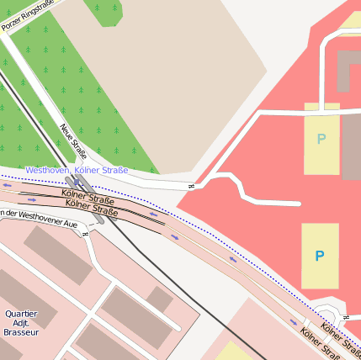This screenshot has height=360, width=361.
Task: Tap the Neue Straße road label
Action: (x=74, y=141)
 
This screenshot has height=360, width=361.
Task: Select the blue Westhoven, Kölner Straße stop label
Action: (x=77, y=170)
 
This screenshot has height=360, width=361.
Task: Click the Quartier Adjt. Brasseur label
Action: (x=21, y=323)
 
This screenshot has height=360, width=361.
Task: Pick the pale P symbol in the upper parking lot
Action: (x=321, y=139)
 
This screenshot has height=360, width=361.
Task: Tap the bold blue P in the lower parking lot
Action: (x=319, y=256)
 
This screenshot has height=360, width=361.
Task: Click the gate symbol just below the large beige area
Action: (x=191, y=186)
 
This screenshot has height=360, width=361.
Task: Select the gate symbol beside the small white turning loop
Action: (x=346, y=316)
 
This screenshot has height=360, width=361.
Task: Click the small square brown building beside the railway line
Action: (x=159, y=299)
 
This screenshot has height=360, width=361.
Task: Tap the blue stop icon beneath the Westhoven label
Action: (x=78, y=181)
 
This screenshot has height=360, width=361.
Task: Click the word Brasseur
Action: (x=21, y=332)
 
